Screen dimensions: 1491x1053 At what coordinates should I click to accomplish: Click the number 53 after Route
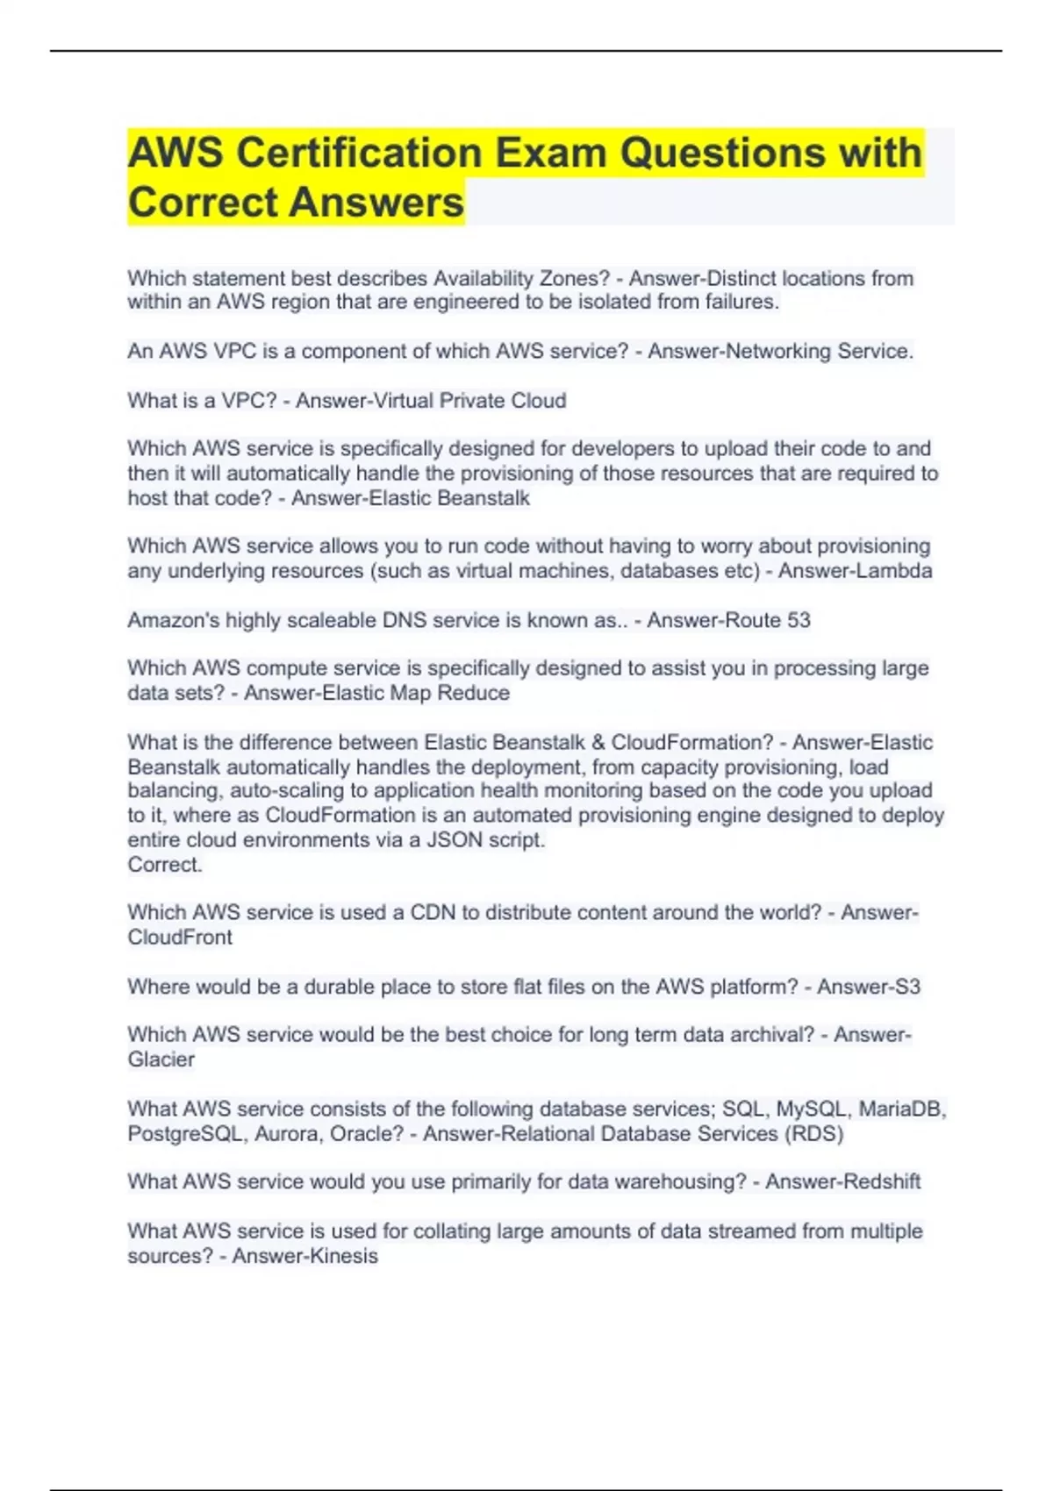tap(799, 620)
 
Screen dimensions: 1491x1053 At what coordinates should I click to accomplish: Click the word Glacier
tap(161, 1059)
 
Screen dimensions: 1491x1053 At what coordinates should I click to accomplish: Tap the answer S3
tap(906, 987)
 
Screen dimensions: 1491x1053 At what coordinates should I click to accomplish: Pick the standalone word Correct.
tap(165, 865)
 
